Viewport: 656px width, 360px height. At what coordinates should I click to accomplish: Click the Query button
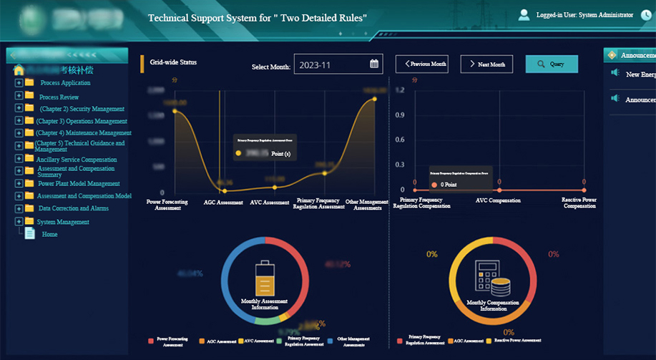(x=552, y=64)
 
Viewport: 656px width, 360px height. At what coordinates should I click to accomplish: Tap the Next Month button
(x=486, y=64)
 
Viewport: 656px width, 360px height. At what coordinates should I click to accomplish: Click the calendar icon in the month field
(x=374, y=64)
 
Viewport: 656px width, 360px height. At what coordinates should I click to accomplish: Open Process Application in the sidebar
(x=65, y=83)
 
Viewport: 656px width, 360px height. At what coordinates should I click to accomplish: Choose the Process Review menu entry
(x=59, y=97)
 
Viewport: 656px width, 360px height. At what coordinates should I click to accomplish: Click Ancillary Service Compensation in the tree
(x=77, y=160)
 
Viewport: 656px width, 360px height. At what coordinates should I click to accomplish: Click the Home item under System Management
(x=49, y=234)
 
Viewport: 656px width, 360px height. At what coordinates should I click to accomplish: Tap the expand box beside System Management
(x=19, y=222)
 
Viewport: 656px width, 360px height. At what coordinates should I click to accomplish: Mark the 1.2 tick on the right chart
(x=400, y=90)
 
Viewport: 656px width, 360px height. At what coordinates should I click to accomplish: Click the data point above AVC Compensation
(x=499, y=190)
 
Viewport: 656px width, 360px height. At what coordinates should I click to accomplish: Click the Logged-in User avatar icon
(x=524, y=14)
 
